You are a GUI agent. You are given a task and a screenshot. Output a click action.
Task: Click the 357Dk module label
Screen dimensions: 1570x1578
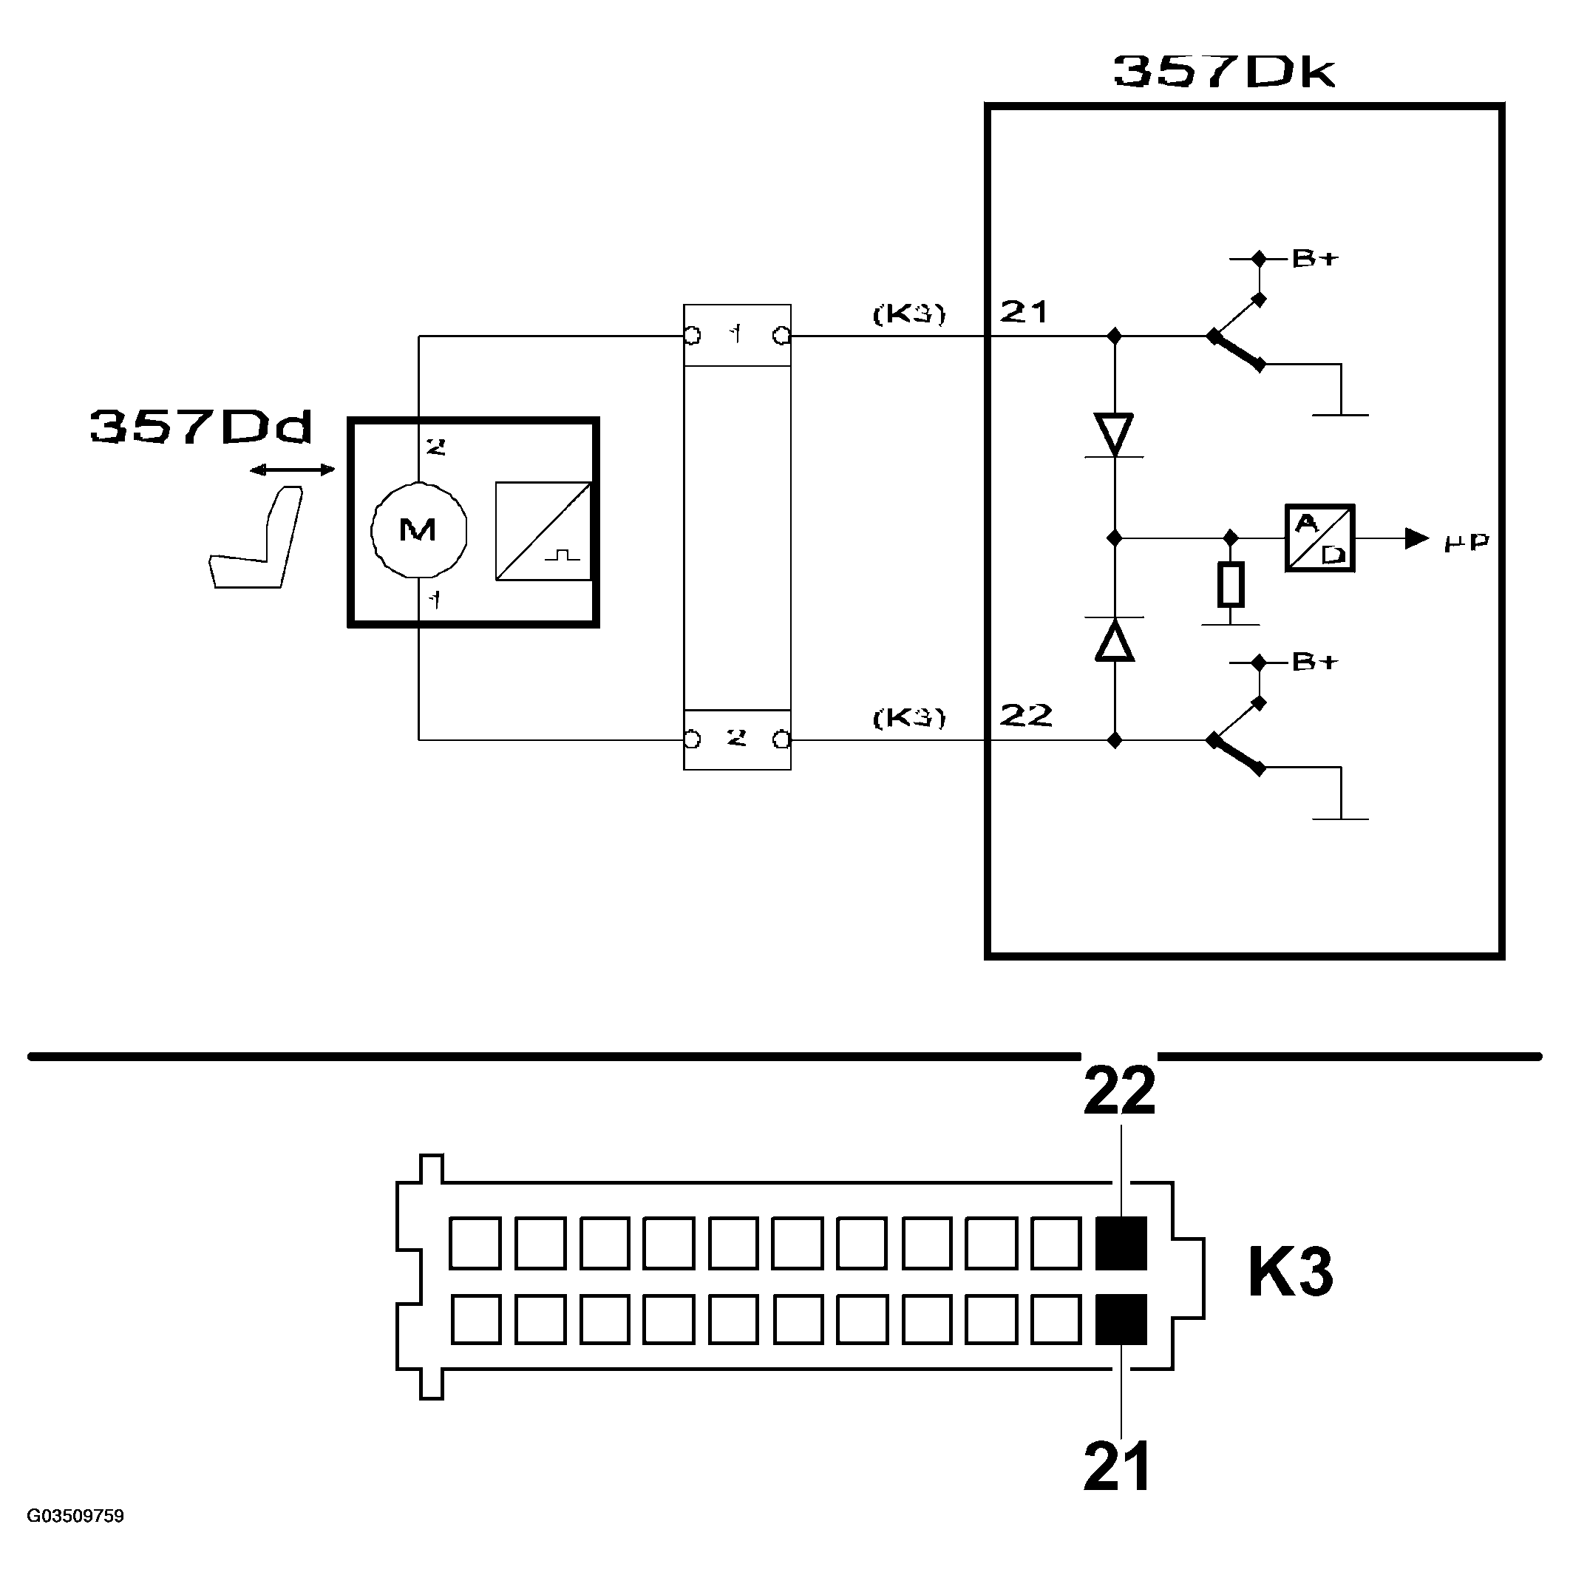[1224, 71]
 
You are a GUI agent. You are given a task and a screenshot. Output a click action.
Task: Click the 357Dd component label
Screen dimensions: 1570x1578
[201, 427]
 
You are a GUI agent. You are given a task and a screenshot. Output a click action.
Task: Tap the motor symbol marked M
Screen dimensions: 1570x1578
[418, 530]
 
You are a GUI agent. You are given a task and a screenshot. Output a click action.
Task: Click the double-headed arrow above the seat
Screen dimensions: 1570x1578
[292, 470]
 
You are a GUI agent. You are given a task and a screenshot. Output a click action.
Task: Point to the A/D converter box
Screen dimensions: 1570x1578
[1319, 538]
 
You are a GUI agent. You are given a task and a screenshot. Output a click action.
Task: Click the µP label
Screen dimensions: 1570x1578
[1467, 541]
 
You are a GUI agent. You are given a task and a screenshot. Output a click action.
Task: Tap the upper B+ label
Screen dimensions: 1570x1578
[1315, 258]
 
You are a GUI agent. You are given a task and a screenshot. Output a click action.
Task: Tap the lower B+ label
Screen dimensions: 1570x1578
[1315, 662]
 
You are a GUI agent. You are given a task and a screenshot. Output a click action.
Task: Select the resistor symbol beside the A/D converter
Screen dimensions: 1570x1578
[1231, 585]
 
